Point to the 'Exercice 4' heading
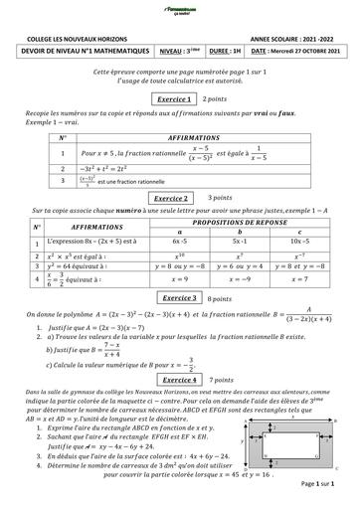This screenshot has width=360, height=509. [180, 379]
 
